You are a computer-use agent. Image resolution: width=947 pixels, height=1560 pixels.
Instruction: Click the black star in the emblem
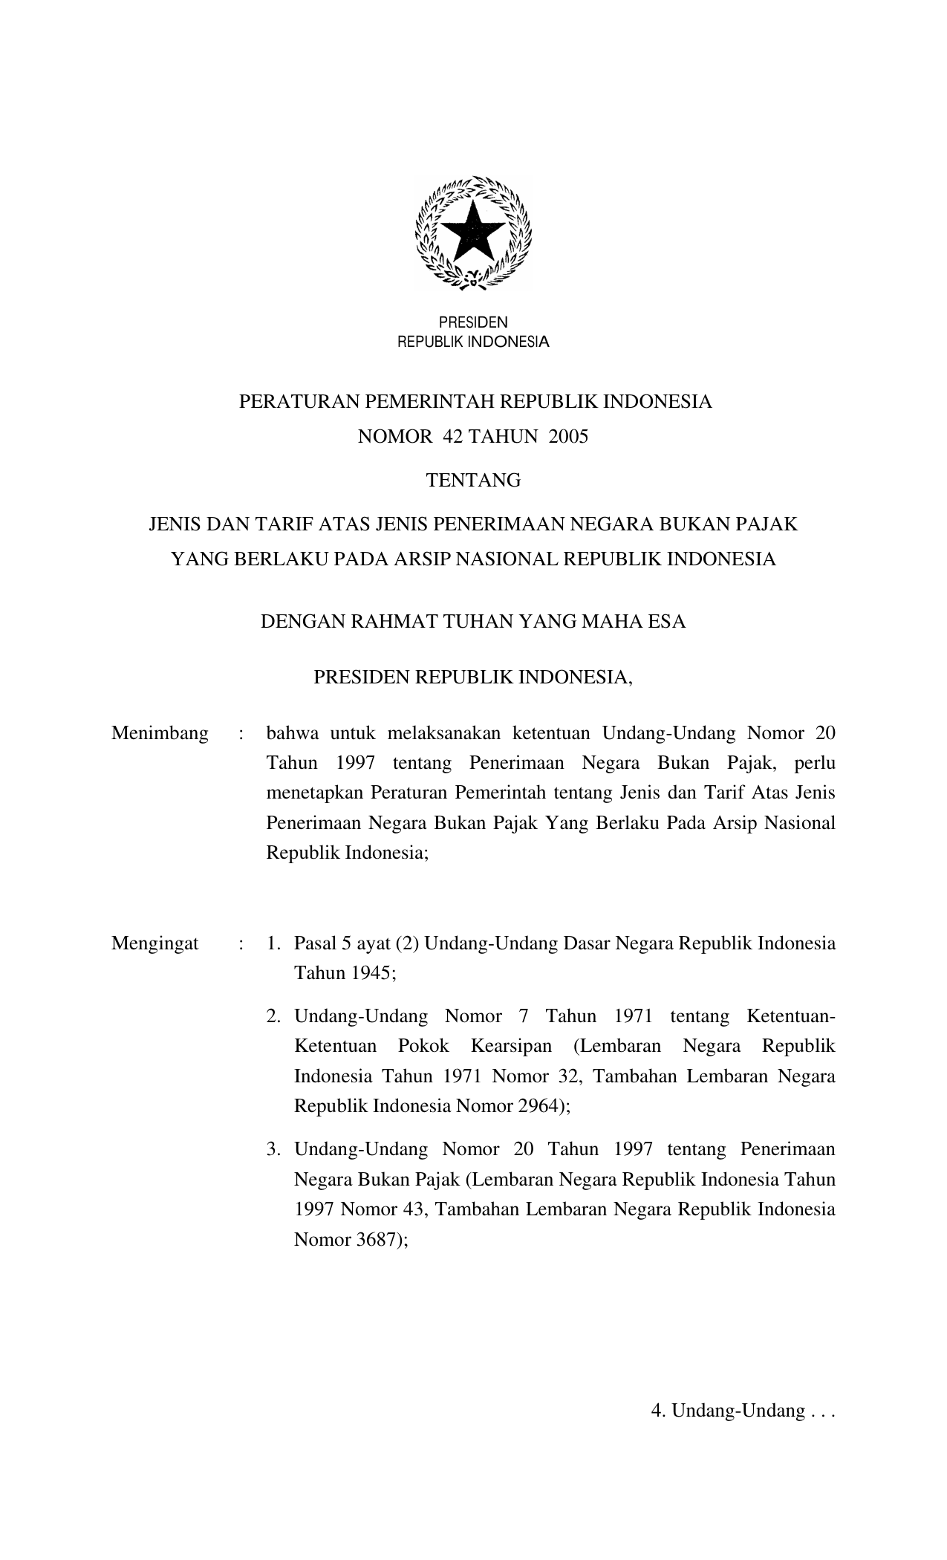coord(473,230)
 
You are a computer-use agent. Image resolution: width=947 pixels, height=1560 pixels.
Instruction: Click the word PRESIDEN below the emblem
coord(473,322)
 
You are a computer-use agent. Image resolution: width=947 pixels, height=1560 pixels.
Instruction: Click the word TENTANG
coord(473,481)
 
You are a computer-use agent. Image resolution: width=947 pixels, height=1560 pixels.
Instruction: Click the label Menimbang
coord(160,734)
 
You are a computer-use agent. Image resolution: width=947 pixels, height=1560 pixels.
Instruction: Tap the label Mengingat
coord(155,943)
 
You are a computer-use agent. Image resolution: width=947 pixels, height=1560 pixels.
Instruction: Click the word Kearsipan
coord(511,1046)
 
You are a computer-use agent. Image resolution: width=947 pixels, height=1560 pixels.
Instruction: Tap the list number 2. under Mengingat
coord(274,1016)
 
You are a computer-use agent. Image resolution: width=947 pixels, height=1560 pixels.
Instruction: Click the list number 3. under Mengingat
coord(274,1150)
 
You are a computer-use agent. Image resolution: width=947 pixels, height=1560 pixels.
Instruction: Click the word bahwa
coord(292,734)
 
